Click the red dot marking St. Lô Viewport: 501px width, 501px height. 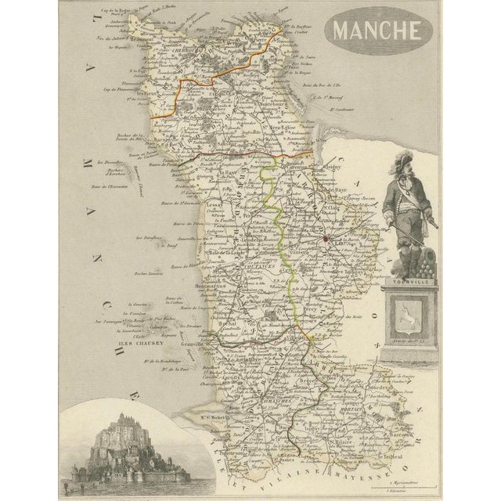coord(323,240)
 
